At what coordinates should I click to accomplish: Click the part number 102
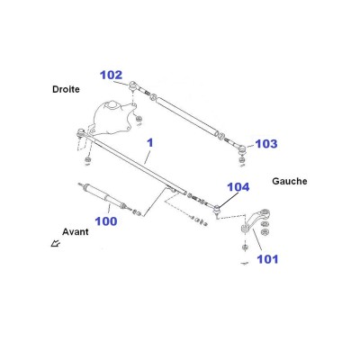(112, 75)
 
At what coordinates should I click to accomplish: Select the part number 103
(266, 144)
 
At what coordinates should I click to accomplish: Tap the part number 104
(238, 187)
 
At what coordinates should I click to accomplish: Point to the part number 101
(267, 259)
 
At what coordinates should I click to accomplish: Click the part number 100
(106, 221)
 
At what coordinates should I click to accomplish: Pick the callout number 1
(150, 142)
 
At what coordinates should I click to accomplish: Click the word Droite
(66, 89)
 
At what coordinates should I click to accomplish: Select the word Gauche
(290, 181)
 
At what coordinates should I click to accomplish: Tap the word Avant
(76, 231)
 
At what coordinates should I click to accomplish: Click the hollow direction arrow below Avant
(56, 243)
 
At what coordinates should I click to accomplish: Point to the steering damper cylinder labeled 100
(103, 195)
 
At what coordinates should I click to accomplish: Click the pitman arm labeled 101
(256, 220)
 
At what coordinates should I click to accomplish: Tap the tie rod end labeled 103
(242, 148)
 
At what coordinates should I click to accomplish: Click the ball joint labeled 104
(217, 209)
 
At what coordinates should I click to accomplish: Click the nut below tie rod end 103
(242, 159)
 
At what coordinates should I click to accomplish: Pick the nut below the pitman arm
(244, 247)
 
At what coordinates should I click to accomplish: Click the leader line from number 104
(229, 200)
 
